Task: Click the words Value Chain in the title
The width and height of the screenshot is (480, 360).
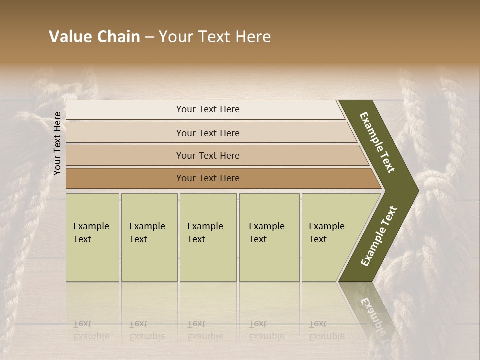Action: (x=94, y=37)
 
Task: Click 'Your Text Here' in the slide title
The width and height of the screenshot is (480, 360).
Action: (x=215, y=37)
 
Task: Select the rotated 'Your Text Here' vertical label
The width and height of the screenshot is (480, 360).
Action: (x=58, y=143)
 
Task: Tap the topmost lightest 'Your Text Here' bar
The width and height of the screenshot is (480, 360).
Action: (x=207, y=109)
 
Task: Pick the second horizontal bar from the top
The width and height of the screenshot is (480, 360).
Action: (x=207, y=133)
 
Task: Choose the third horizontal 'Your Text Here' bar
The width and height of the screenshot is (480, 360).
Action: (x=207, y=155)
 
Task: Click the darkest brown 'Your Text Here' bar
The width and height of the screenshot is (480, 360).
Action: (x=207, y=178)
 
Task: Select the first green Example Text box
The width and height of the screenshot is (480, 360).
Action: (x=92, y=237)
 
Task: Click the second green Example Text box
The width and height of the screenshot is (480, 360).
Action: (x=149, y=237)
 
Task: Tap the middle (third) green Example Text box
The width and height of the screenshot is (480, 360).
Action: (x=208, y=237)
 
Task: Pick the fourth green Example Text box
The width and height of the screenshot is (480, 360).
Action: (x=269, y=237)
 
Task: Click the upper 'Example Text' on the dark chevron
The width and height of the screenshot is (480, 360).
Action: (x=378, y=142)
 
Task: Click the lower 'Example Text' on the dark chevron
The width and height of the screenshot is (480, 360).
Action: (x=379, y=236)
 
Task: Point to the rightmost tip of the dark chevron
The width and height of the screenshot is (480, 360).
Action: (x=418, y=190)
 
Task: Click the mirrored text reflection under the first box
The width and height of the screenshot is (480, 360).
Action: (x=91, y=330)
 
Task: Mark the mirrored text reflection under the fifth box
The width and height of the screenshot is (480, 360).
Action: (x=326, y=330)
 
